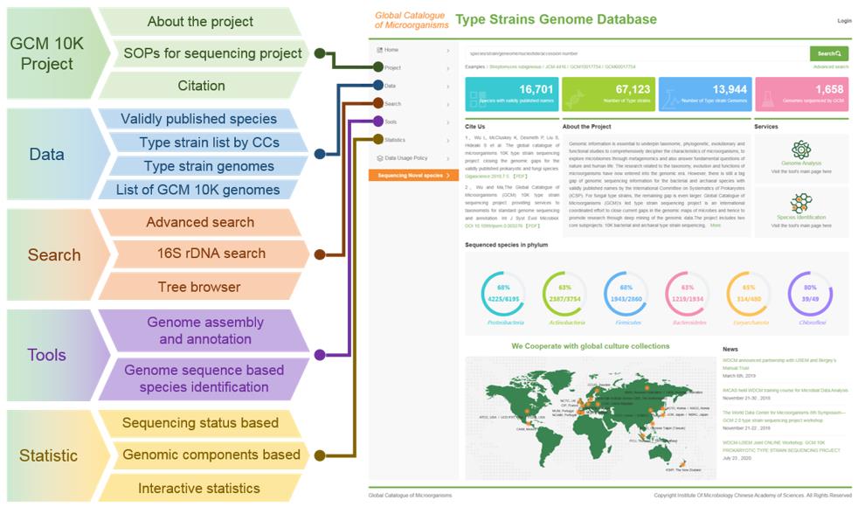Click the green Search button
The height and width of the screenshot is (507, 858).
tap(828, 54)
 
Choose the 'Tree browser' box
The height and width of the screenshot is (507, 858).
tap(198, 287)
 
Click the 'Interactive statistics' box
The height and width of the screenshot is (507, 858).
tap(198, 488)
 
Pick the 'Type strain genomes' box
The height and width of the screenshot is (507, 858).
tap(209, 166)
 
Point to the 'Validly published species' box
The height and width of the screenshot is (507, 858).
tap(198, 119)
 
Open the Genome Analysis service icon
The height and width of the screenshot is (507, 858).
tap(800, 150)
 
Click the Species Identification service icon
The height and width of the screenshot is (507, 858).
tap(800, 204)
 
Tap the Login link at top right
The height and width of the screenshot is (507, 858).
tap(844, 20)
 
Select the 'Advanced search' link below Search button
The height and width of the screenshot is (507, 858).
tap(830, 66)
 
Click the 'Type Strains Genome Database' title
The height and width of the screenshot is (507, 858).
tap(556, 19)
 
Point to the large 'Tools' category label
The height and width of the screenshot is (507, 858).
tap(46, 355)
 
